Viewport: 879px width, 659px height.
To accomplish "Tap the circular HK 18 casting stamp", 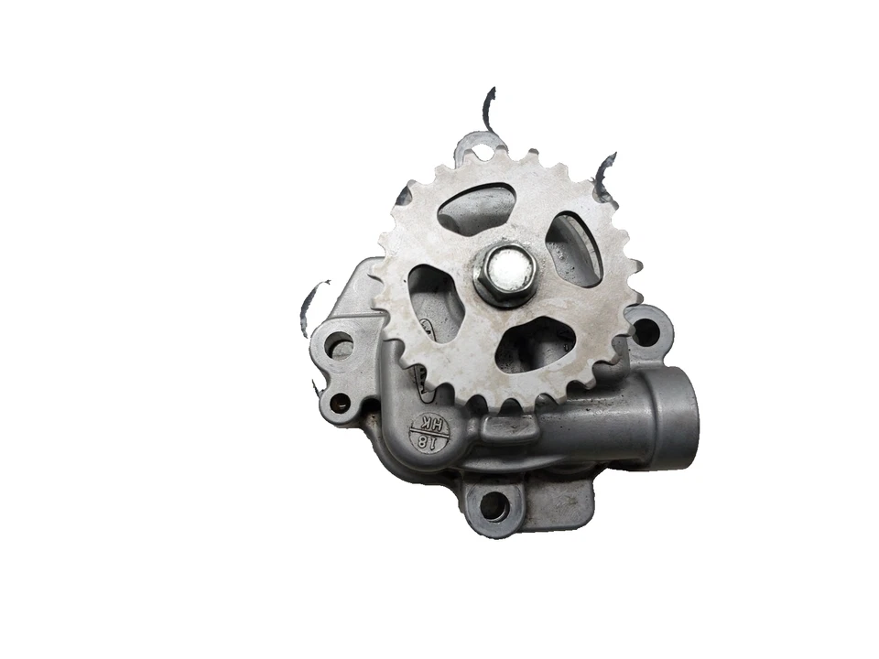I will pos(429,430).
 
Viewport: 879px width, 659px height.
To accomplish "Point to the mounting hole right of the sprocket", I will pos(646,329).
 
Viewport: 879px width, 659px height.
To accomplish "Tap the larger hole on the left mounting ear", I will pos(338,345).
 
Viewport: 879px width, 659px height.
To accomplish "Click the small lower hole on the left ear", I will pos(340,400).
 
